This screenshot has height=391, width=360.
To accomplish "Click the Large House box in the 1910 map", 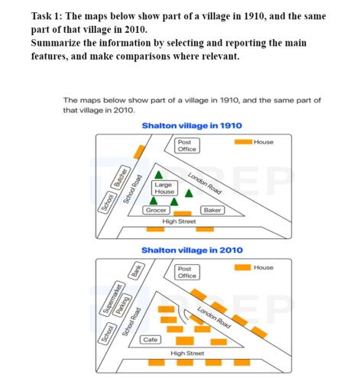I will coord(164,188).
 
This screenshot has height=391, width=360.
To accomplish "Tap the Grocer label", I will coord(157,209).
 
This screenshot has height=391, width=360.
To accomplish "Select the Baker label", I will coord(212,209).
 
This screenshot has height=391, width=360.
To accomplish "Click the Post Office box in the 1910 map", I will coord(186,146).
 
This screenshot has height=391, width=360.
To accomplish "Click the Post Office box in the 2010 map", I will coord(187,272).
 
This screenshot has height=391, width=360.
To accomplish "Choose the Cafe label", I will coord(151,338).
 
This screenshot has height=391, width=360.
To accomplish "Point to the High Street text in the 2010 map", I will coord(188,354).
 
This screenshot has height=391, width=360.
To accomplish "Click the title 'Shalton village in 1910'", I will coord(192,125).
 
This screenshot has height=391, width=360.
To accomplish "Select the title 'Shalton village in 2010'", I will coord(192,250).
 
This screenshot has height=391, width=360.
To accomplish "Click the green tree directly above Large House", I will coord(159,173).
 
